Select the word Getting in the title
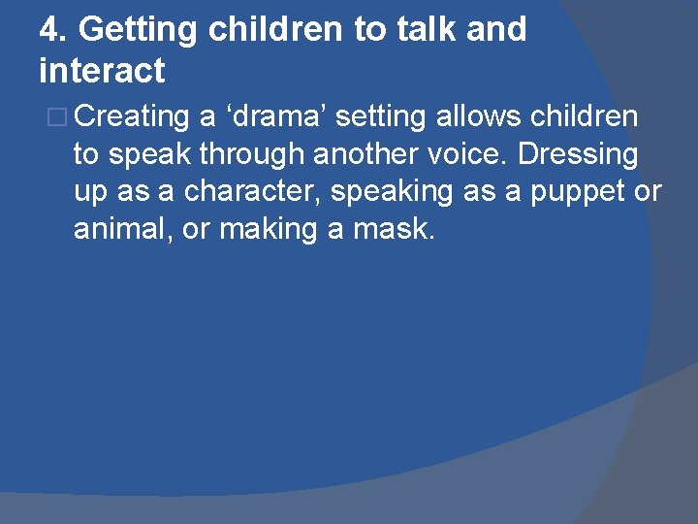139,30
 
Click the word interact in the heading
102,71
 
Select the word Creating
131,117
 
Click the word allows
477,117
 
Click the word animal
121,230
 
